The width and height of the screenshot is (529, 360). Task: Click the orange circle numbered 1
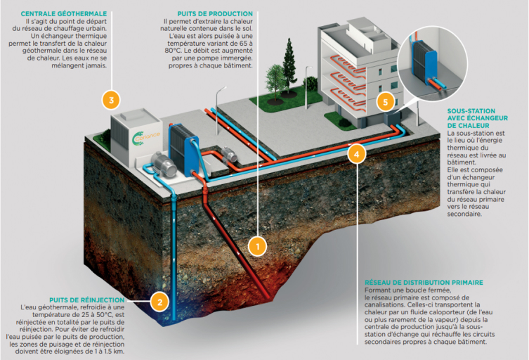258,245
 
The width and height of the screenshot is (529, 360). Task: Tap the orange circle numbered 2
159,303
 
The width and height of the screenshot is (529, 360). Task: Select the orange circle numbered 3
110,100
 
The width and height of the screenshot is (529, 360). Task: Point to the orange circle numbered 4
357,153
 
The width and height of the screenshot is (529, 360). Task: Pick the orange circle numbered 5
383,101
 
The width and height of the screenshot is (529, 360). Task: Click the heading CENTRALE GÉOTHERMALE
64,13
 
